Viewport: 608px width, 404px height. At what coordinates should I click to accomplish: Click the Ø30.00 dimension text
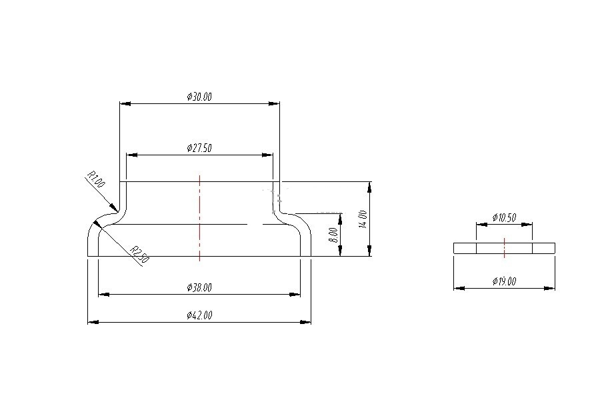pos(199,97)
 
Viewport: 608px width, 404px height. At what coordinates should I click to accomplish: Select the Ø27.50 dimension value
pos(199,148)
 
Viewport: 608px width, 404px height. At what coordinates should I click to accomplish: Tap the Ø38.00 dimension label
pos(199,287)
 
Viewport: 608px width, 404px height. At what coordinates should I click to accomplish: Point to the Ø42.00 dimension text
pos(199,315)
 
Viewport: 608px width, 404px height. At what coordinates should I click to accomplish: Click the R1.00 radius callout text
pos(96,181)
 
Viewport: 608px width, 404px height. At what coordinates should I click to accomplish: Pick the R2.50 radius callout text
pos(138,255)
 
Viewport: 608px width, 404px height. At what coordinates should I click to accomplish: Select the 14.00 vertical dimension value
pos(363,219)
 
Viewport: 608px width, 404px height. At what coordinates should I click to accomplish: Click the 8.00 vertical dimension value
pos(334,235)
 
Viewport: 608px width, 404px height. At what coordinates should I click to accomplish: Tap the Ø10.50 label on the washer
pos(504,217)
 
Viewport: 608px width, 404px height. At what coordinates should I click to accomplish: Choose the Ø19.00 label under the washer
pos(504,281)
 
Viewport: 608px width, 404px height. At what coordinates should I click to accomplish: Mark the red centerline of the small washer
pos(505,247)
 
